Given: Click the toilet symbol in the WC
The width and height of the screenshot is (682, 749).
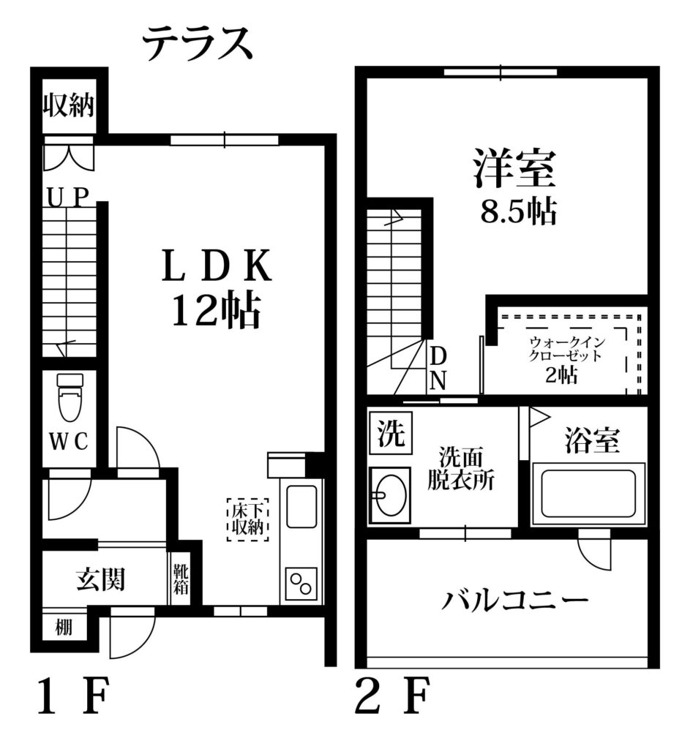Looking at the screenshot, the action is click(70, 397).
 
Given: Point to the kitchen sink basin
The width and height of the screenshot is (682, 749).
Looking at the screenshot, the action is click(301, 506).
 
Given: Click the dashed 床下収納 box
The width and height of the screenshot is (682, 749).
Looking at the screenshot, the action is click(247, 520).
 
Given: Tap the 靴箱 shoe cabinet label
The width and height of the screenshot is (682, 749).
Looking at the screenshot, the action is click(181, 579).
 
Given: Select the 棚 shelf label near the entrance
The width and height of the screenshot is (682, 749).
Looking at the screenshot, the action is click(64, 627).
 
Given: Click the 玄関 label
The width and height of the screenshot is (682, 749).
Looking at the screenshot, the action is click(101, 579).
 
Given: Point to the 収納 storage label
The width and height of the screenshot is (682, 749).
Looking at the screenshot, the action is click(69, 105).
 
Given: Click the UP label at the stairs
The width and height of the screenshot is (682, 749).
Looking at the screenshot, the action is click(68, 197).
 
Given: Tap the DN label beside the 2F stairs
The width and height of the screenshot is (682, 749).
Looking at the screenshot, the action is click(438, 369).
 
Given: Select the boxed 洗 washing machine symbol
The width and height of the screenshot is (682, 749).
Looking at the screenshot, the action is click(391, 433).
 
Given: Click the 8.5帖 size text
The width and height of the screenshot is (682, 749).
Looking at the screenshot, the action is click(519, 212).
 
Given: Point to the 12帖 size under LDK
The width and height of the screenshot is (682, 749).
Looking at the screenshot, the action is click(216, 310).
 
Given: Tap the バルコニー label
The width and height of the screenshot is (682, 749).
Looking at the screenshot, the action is click(514, 601).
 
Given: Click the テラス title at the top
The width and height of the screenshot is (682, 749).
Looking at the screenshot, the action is click(198, 43).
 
